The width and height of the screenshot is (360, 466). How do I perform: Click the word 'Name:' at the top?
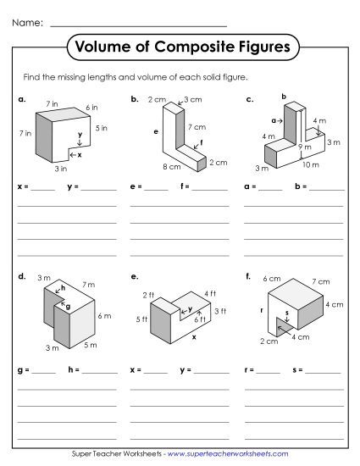[x=28, y=22]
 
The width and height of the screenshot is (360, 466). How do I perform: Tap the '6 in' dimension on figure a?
[x=92, y=108]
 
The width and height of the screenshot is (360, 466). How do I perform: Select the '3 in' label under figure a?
[x=62, y=169]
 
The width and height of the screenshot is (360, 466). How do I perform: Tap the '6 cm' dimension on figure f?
[x=272, y=278]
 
